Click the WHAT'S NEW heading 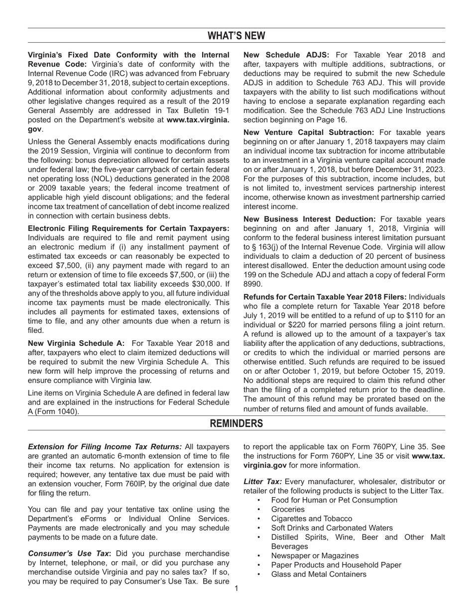236,36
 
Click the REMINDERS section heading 236,423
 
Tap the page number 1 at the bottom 236,589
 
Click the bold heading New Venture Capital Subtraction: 309,132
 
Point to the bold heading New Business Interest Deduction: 309,219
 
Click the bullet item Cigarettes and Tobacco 311,518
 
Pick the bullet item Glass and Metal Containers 319,574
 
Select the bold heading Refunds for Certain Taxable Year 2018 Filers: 324,297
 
